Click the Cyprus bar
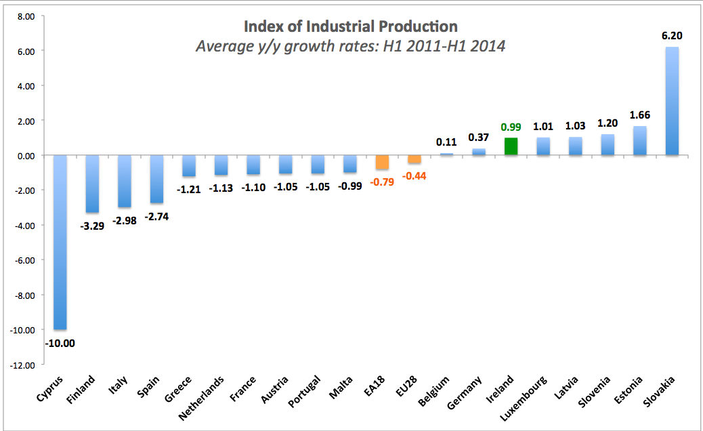pos(60,243)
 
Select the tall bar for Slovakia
pos(672,102)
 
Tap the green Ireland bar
pos(511,147)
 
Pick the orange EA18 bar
pos(382,163)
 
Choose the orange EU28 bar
pos(414,159)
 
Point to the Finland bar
pos(92,184)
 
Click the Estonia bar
pos(639,141)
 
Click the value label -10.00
pos(60,343)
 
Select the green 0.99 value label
pos(511,127)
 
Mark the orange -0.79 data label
pos(382,181)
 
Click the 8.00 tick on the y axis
pos(25,16)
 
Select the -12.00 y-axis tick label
pos(23,365)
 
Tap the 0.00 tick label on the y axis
pos(25,156)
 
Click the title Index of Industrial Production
pos(350,26)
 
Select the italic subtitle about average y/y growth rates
pos(350,47)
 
